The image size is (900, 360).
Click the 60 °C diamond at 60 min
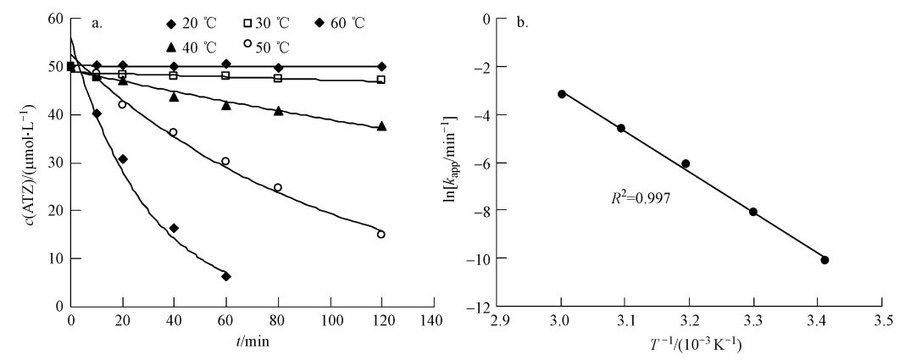(226, 276)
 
